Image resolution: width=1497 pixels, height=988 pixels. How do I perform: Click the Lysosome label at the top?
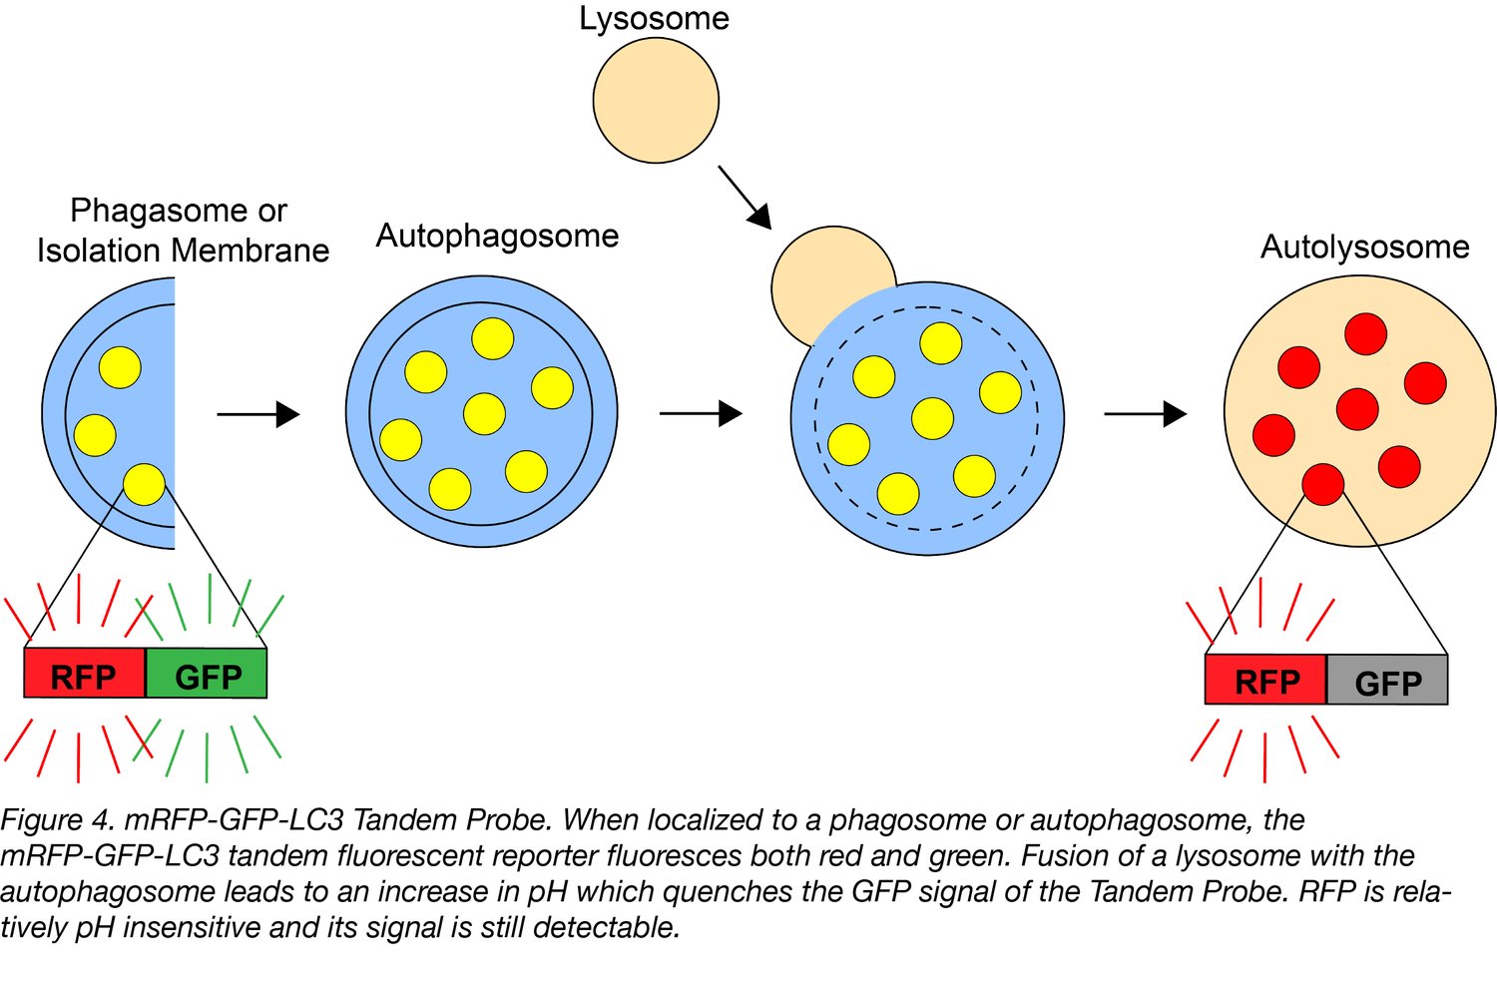[654, 19]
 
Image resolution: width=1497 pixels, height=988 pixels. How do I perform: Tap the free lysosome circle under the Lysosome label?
[656, 101]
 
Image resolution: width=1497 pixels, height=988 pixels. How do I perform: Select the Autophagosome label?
[497, 237]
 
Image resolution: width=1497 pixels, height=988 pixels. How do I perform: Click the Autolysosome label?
[1364, 247]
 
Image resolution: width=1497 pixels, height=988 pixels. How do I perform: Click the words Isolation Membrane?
[183, 250]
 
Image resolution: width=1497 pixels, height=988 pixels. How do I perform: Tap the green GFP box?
[207, 675]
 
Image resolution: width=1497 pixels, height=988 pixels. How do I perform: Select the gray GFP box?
[1387, 682]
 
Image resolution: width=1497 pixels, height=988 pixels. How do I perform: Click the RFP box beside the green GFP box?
[85, 675]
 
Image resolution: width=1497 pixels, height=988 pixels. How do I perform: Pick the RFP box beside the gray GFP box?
[1265, 682]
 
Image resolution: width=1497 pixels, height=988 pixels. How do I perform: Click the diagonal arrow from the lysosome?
[745, 197]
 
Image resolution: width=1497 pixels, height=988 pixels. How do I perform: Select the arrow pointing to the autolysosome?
[1145, 413]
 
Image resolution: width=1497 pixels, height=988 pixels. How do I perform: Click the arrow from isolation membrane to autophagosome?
[258, 414]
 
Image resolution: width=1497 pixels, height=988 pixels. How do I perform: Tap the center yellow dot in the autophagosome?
[484, 414]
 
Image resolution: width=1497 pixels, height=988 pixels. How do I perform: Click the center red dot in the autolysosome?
[1357, 409]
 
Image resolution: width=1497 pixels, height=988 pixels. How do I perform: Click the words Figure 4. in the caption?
[57, 820]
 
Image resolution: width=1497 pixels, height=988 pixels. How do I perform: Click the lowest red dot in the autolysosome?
[1323, 484]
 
